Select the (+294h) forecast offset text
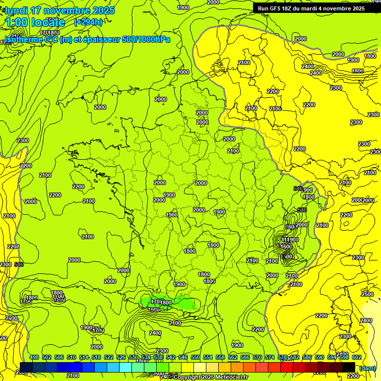88,22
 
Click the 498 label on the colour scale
34,357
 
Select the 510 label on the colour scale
71,357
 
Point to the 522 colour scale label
109,357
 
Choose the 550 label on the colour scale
195,357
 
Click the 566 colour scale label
245,357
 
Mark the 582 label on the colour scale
295,357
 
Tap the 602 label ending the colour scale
356,357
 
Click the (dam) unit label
367,368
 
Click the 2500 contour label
367,294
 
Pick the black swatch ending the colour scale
349,367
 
